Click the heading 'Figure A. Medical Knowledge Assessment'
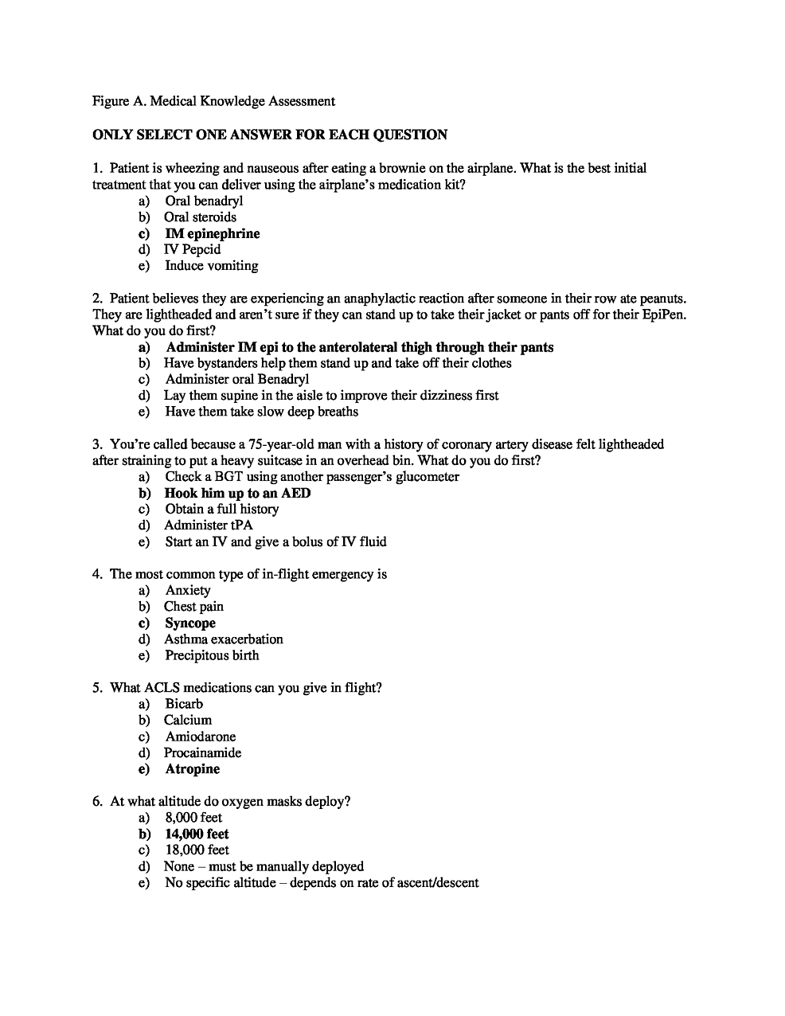pos(213,101)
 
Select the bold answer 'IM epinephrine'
pos(212,233)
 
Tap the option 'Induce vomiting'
pos(211,266)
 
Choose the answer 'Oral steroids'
pos(200,217)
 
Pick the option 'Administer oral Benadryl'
pos(236,379)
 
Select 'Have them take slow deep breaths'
pos(261,412)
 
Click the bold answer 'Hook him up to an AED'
pos(237,493)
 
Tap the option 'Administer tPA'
pos(208,526)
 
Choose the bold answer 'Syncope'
pos(189,623)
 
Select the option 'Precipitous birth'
pos(212,655)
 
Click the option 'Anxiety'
pos(188,591)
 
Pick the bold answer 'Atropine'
pos(192,769)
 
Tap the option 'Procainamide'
pos(202,753)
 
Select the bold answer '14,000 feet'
pos(197,834)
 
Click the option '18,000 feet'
pos(196,850)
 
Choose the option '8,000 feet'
pos(193,818)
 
